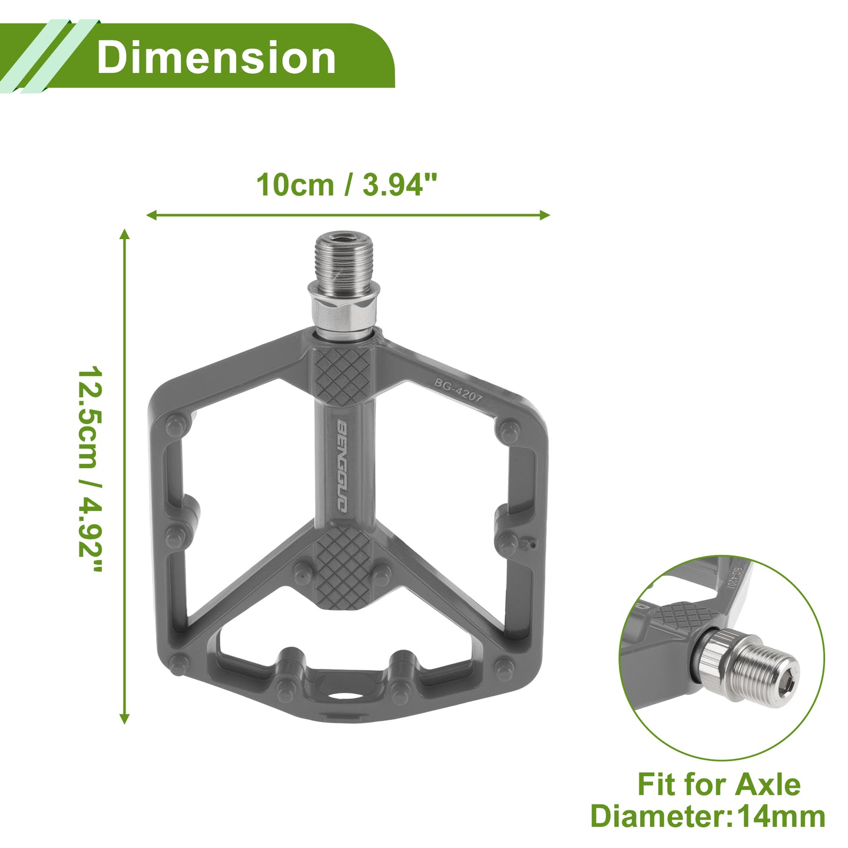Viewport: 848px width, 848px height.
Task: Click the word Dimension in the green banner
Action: pos(216,57)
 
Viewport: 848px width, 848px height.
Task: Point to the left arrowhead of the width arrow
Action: pos(152,215)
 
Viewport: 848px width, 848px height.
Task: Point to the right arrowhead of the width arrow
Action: pos(544,215)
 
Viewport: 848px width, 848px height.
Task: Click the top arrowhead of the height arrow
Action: pos(124,234)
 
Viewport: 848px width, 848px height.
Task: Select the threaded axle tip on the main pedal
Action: pos(344,259)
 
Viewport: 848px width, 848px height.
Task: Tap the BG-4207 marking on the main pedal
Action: pos(459,390)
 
